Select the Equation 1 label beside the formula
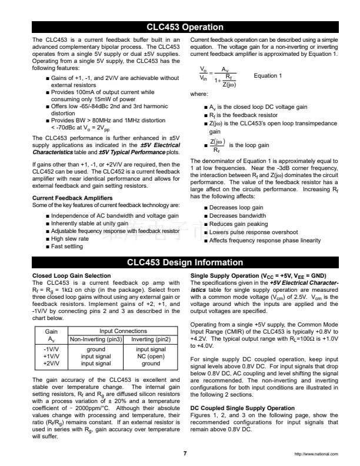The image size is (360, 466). pos(267,75)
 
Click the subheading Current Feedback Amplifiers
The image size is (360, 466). pos(71,198)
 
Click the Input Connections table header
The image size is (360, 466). pos(123,332)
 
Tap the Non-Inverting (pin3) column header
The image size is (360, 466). pos(96,339)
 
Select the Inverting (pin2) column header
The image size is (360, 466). pos(151,339)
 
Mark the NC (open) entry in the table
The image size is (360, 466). pos(151,356)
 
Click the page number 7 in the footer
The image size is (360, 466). pos(185,452)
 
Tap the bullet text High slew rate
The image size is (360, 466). pos(69,239)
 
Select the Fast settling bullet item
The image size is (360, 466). pos(66,247)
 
